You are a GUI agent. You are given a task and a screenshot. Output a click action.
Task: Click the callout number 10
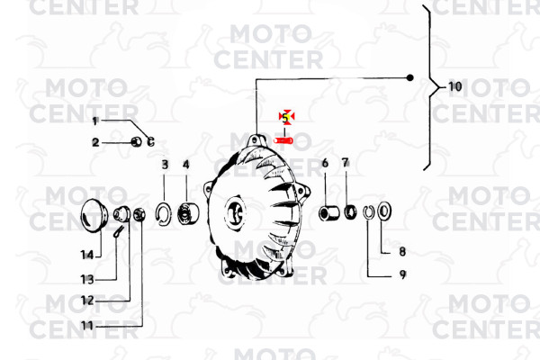(454, 86)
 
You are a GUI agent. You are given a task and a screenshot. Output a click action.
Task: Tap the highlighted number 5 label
(286, 118)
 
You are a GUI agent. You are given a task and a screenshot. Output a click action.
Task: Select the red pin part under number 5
(283, 140)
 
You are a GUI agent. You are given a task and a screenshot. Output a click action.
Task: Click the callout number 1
(95, 121)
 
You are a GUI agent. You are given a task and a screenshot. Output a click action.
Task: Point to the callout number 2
(95, 142)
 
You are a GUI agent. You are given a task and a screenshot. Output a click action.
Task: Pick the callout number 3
(165, 165)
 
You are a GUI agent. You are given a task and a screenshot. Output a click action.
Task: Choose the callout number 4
(186, 165)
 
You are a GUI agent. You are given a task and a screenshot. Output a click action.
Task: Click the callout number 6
(325, 163)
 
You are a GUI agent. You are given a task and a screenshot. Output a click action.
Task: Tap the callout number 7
(346, 163)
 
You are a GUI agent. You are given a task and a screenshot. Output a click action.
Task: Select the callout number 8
(402, 251)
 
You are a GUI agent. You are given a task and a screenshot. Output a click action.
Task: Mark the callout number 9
(402, 274)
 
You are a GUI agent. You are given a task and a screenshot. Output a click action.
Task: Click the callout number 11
(87, 326)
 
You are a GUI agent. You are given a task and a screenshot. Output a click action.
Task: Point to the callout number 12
(87, 301)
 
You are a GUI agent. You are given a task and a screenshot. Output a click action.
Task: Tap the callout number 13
(87, 279)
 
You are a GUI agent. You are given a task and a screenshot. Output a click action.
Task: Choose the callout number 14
(87, 255)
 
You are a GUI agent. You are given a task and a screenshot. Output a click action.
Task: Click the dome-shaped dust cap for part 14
(94, 215)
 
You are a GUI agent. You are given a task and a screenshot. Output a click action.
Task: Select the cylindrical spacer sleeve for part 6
(328, 212)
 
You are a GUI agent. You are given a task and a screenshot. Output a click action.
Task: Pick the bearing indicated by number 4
(188, 212)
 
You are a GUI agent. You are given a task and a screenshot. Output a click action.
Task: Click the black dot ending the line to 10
(409, 78)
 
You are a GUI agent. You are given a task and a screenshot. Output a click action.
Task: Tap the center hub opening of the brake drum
(235, 212)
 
